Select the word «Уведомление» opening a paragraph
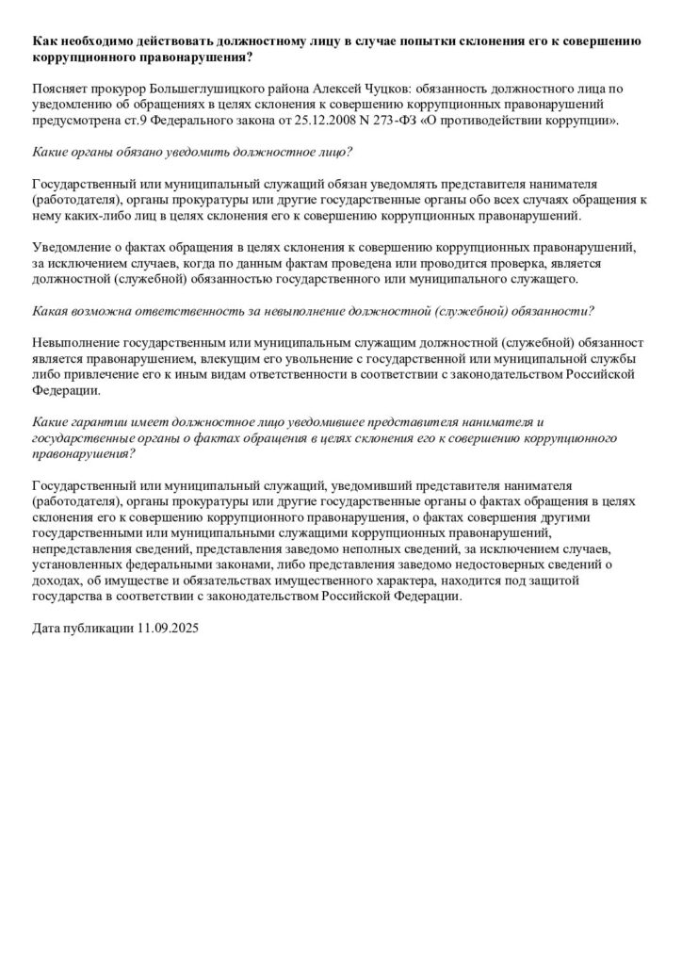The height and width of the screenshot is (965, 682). [73, 247]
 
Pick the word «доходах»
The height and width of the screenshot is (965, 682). [57, 581]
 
